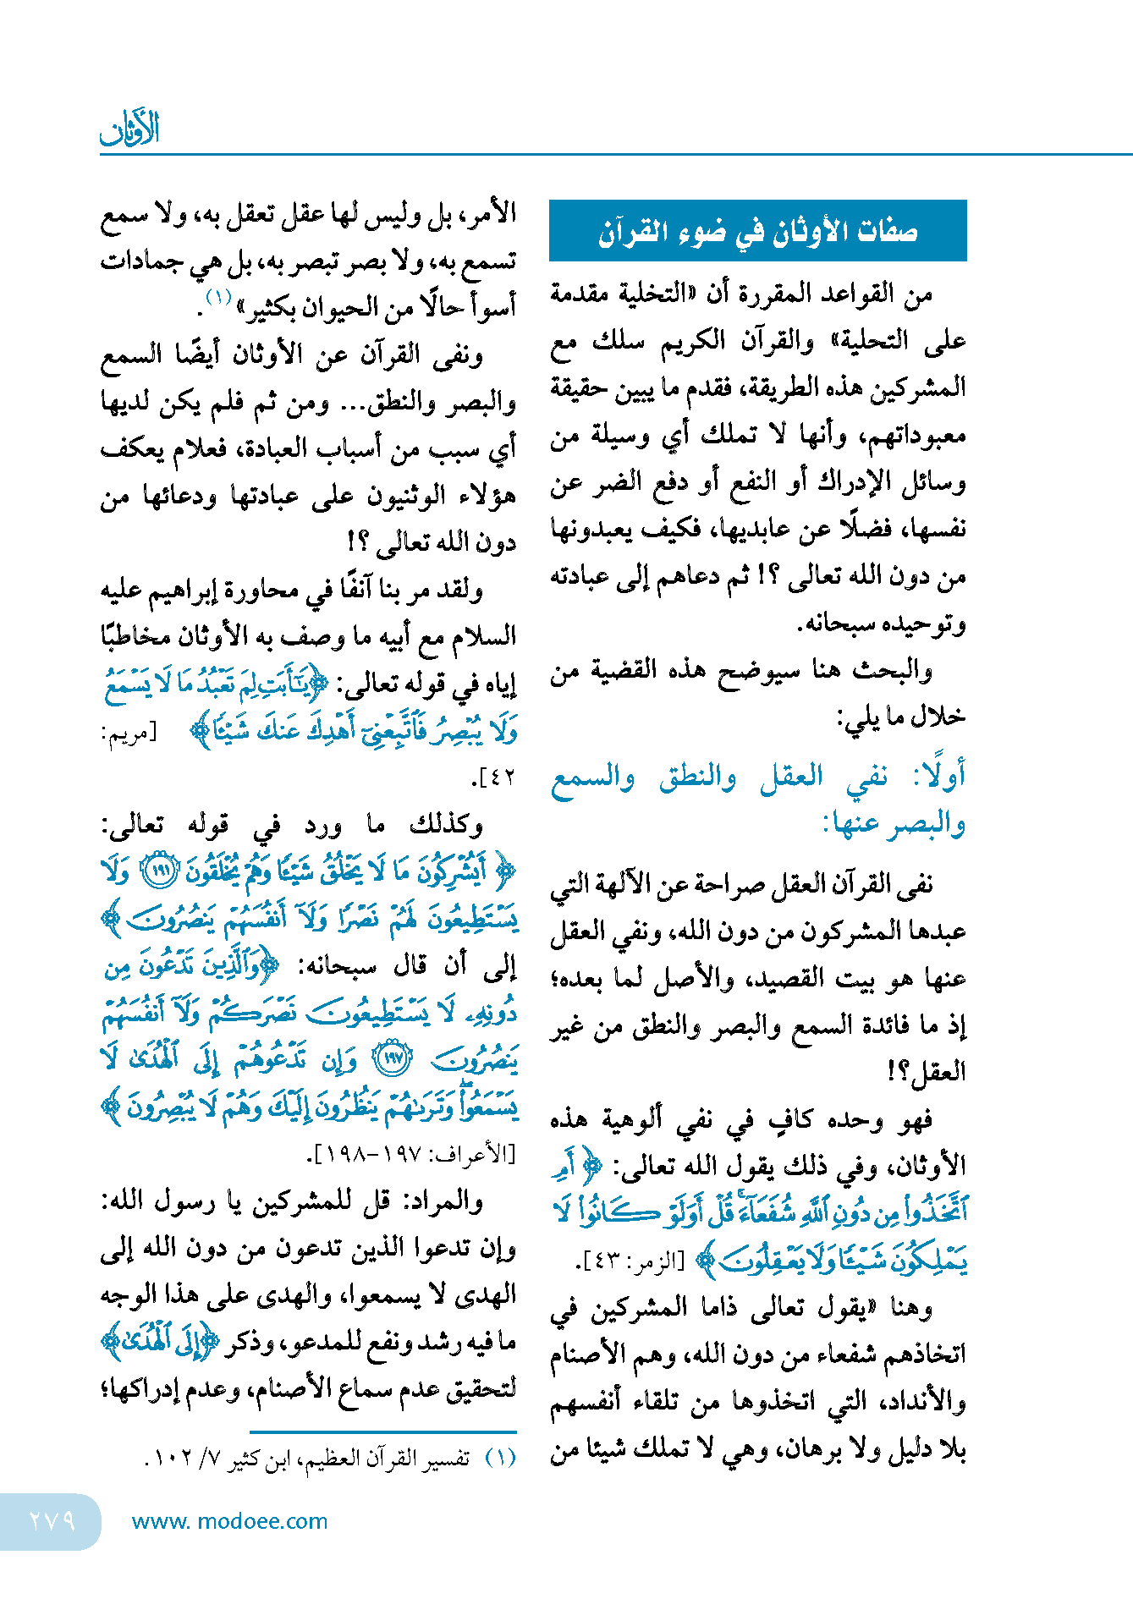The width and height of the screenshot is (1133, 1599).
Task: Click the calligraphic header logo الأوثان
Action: click(x=129, y=129)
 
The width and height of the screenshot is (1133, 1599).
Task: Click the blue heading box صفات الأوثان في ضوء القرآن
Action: click(x=757, y=231)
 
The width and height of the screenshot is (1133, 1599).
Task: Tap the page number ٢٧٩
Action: click(x=52, y=1520)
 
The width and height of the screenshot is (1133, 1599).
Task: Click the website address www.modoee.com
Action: click(x=229, y=1521)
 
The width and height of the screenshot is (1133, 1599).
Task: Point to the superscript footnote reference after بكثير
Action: click(x=218, y=297)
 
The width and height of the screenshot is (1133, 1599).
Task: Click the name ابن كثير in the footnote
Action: click(x=266, y=1459)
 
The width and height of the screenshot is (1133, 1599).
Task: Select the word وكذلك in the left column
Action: click(x=446, y=823)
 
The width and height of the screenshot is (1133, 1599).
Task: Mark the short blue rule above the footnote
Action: click(x=382, y=1432)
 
